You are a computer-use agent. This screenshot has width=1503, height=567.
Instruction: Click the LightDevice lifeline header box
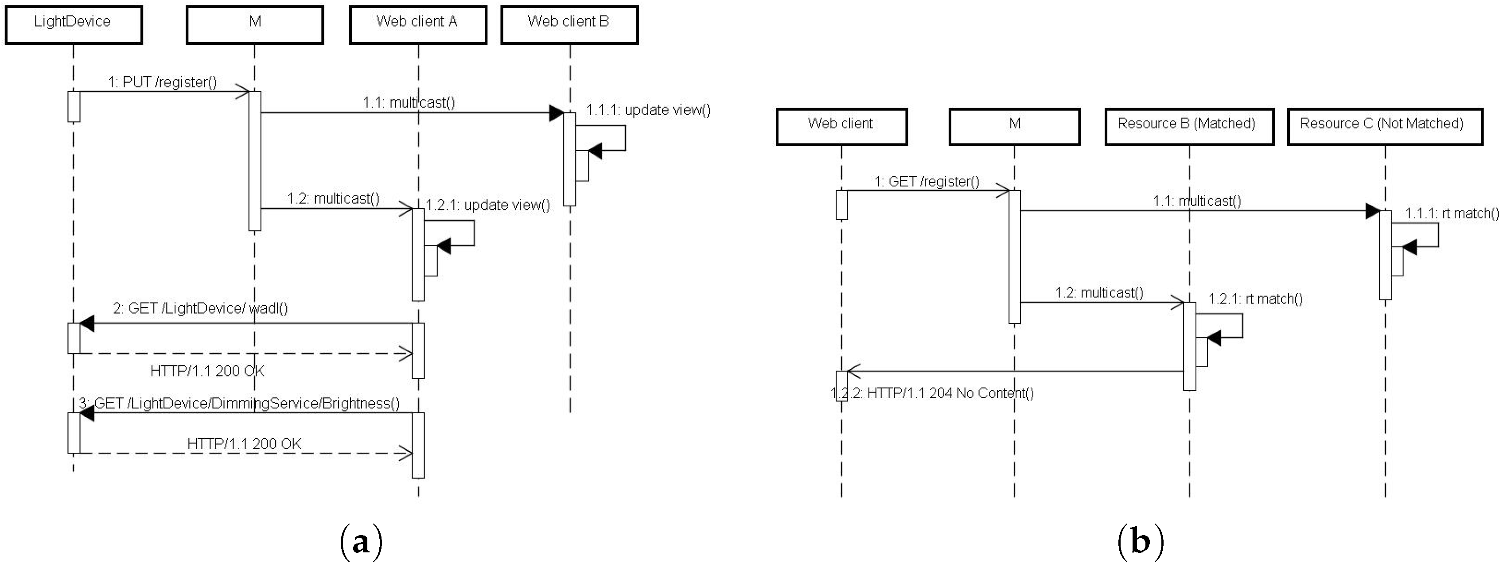(74, 24)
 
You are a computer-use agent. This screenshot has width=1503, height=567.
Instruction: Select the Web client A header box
(418, 24)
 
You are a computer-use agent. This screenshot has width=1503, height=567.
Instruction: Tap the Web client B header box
(569, 24)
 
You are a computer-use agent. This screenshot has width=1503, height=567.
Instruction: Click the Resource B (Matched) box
(1188, 126)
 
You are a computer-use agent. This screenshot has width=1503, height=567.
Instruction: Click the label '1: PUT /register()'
(162, 82)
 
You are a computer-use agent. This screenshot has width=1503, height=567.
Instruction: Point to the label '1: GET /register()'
(927, 182)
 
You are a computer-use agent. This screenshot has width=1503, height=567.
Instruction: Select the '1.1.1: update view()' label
(648, 110)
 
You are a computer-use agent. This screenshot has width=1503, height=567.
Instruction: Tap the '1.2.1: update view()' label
(488, 205)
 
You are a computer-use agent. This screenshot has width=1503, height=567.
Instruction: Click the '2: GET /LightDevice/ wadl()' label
(200, 308)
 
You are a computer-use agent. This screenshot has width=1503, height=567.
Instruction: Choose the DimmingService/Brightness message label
(239, 403)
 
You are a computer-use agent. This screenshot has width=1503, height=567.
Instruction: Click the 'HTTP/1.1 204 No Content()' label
(932, 392)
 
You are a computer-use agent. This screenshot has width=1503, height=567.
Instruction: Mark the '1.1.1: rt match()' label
(1452, 213)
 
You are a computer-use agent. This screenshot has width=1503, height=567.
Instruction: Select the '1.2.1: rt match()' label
(1255, 299)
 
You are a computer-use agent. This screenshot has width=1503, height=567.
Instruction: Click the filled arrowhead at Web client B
(556, 113)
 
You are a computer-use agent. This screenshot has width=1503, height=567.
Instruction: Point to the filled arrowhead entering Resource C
(1372, 211)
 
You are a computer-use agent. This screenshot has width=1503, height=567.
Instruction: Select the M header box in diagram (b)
(1014, 126)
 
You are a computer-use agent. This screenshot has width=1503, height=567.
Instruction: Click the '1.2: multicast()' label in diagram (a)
(333, 198)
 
